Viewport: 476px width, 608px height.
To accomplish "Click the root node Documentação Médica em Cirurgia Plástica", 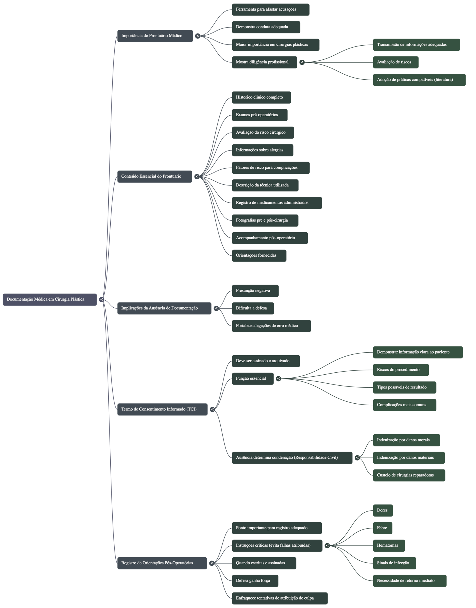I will click(50, 299).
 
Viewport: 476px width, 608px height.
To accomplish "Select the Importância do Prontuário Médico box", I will click(155, 36).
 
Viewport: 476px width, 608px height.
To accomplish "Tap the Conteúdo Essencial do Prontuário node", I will click(155, 176).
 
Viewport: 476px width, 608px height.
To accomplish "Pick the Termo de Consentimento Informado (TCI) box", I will click(162, 409).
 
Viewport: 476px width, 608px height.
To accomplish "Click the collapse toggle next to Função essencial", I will click(278, 379).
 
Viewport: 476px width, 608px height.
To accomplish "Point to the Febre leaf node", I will click(382, 528).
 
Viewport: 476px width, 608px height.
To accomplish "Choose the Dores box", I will click(383, 510).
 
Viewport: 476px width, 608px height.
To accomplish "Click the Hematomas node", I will click(389, 546).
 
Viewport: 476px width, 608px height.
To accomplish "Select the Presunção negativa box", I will click(255, 291).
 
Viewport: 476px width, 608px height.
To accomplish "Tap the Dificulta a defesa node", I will click(252, 308).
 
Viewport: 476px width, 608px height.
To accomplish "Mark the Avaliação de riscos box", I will click(395, 62).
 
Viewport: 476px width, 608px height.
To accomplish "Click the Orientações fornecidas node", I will click(259, 256).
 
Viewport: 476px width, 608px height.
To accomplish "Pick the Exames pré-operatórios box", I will click(260, 115).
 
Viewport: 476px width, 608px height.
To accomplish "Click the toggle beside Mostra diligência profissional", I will click(302, 62).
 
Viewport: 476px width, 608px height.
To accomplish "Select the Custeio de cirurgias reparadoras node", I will click(409, 475).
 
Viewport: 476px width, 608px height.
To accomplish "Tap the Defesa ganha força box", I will click(255, 581).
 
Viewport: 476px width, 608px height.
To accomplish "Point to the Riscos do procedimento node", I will click(401, 370).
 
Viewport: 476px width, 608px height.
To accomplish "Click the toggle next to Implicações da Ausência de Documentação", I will click(216, 309).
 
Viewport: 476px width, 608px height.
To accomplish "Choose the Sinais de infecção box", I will click(394, 563).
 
